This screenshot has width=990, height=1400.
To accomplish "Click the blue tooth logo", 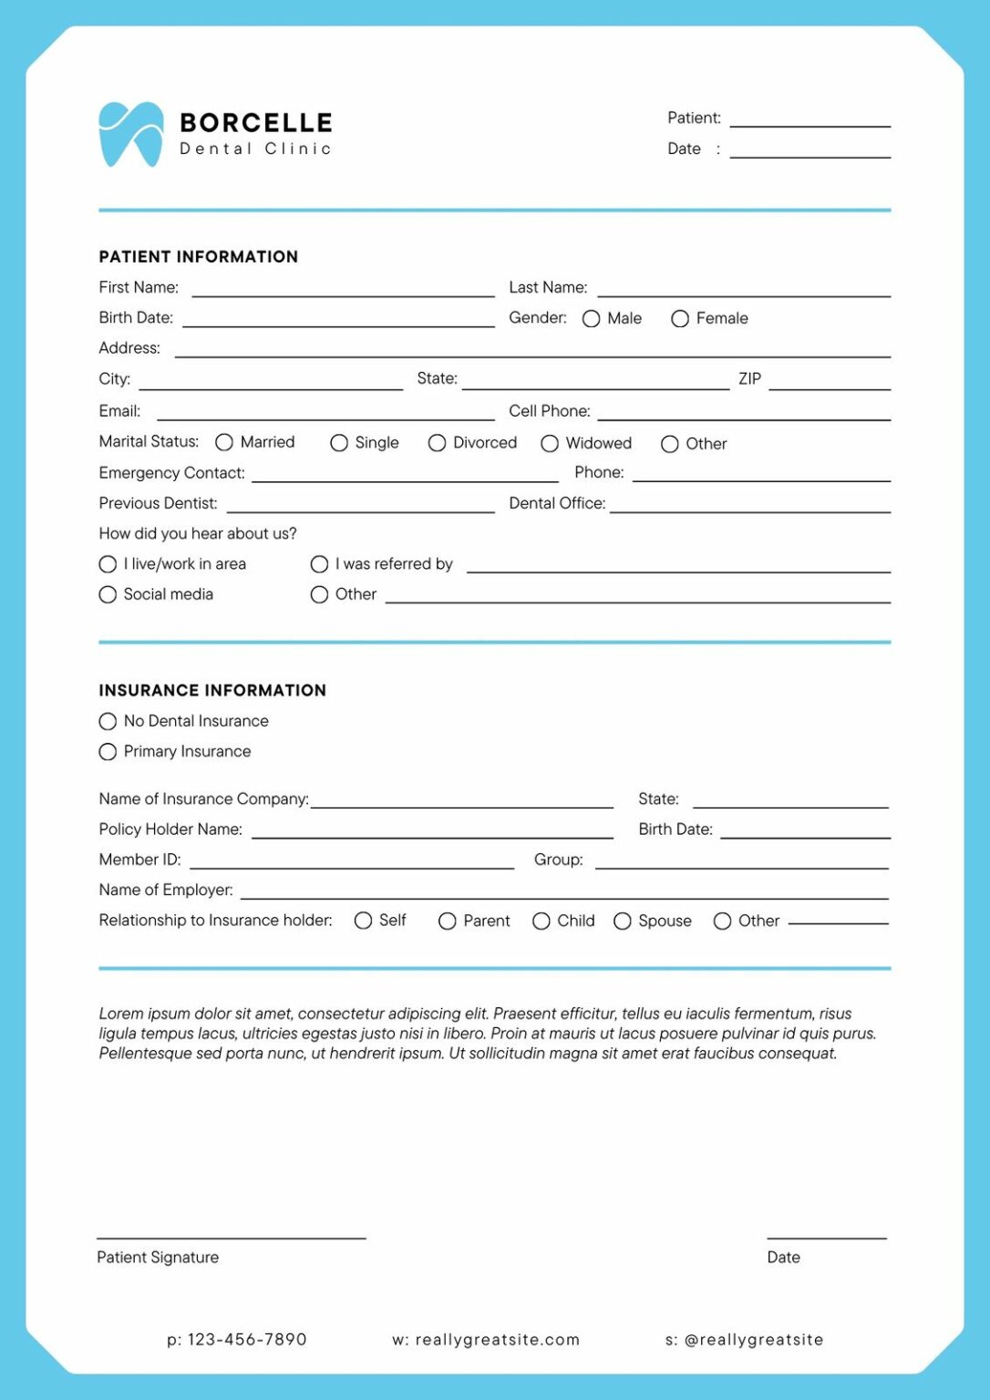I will point(130,134).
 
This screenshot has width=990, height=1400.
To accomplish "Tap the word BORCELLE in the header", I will point(255,123).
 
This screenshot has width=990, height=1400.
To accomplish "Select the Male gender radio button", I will point(591,318).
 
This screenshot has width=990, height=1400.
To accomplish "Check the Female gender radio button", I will point(679,318).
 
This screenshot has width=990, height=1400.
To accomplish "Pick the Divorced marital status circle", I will point(437,443).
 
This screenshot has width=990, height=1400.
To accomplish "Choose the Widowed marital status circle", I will point(550,443).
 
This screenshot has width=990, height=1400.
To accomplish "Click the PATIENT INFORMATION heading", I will point(199,257).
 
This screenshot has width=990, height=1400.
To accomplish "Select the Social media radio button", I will point(108,594).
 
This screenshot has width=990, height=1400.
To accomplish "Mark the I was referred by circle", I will point(319,564).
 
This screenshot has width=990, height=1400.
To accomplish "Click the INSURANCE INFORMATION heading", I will point(212,691).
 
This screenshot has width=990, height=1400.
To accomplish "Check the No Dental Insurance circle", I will point(108,721).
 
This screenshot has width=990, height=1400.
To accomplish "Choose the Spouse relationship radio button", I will point(623,921).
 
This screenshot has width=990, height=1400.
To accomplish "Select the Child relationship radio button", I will point(541,921).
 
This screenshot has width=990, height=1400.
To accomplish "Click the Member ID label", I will point(139,860).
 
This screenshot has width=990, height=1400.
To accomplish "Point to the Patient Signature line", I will point(232,1236).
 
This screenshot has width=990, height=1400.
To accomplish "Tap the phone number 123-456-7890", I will point(247,1339).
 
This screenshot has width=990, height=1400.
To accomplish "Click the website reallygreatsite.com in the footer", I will point(497,1339).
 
